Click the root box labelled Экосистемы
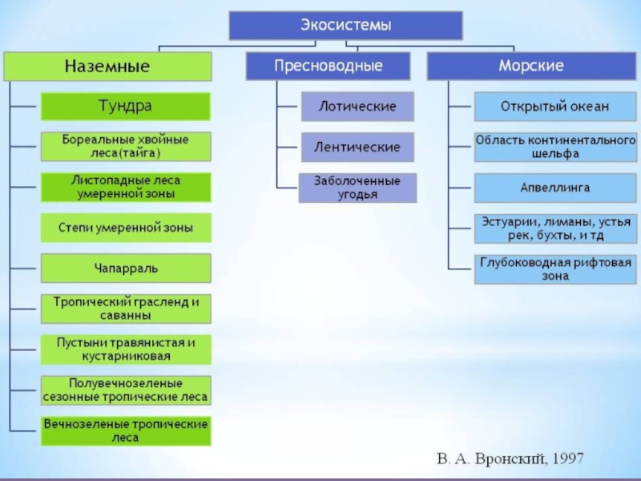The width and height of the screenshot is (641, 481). (346, 26)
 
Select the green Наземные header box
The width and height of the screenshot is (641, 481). (107, 66)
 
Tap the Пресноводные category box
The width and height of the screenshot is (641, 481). (328, 66)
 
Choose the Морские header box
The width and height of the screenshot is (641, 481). (531, 66)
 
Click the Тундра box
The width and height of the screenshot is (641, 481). (126, 107)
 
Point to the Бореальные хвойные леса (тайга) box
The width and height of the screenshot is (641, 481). (126, 147)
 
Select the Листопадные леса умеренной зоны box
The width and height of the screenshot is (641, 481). (126, 187)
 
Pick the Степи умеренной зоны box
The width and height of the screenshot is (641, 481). (126, 228)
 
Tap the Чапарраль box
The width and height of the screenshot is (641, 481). (126, 269)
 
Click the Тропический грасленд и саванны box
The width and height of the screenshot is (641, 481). (126, 309)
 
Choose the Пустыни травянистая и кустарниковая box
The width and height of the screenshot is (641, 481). (126, 350)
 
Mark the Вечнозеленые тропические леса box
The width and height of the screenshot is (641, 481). (126, 430)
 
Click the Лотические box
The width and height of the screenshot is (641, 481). (357, 107)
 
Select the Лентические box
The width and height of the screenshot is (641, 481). (357, 147)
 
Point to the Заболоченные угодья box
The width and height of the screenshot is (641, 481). (357, 188)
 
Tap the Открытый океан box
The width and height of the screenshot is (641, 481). (555, 107)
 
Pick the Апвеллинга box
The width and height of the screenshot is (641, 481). (555, 188)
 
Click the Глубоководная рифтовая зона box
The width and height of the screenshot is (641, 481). (555, 269)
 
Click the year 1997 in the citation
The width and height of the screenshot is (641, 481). (567, 459)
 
